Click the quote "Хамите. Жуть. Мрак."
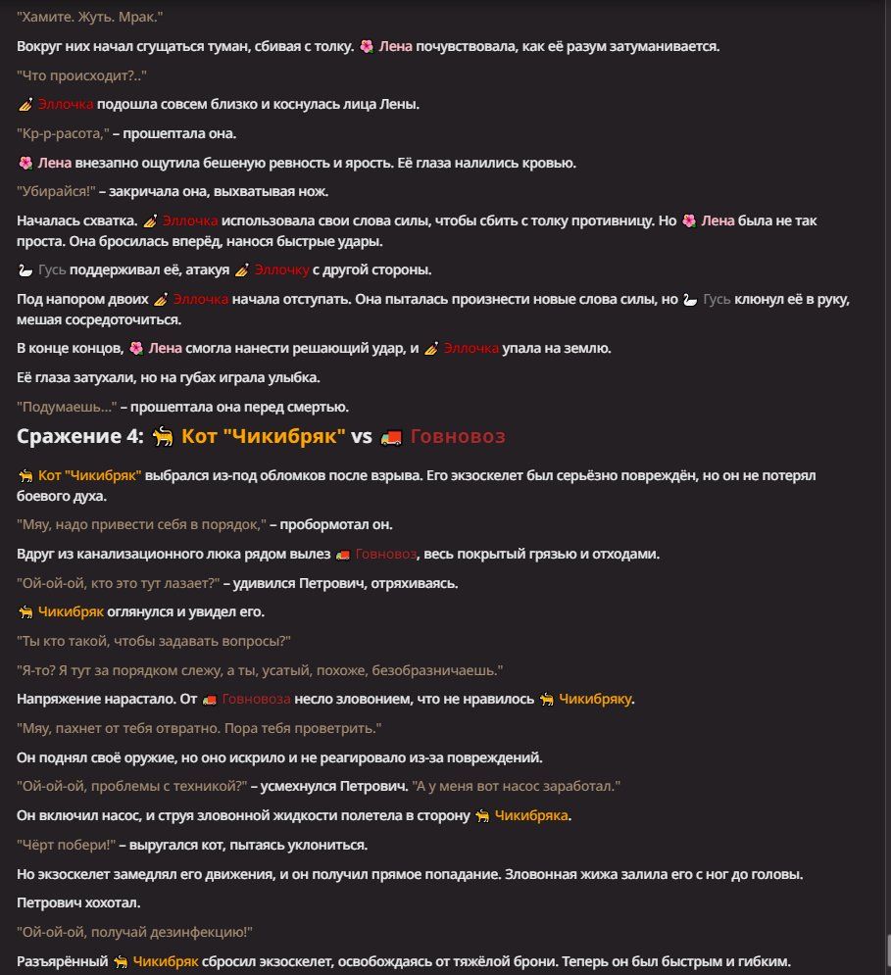tap(89, 17)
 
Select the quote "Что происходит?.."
tap(81, 75)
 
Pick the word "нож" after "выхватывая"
tap(315, 192)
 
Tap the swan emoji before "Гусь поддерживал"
tap(25, 269)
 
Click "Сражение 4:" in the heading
tap(80, 436)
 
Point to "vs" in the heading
tap(363, 436)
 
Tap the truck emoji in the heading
tap(391, 437)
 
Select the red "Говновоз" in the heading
tap(458, 436)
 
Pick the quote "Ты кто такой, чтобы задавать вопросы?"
tap(154, 641)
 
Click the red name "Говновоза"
tap(257, 699)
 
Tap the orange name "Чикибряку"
tap(596, 699)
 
